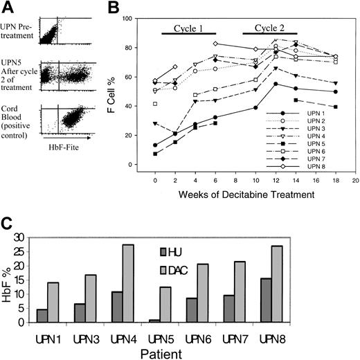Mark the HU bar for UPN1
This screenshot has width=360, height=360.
42,315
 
